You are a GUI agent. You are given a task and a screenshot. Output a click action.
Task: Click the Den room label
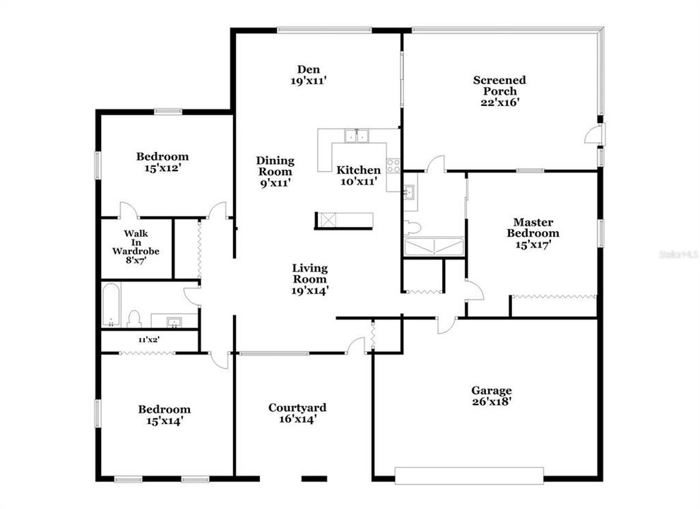tap(308, 69)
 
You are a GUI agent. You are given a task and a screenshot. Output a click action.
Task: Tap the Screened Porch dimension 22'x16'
tap(499, 102)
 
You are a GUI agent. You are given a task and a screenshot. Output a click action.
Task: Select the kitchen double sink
tap(357, 136)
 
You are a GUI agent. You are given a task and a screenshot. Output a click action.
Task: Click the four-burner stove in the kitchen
tap(393, 165)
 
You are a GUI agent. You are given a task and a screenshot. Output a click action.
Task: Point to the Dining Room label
tap(275, 166)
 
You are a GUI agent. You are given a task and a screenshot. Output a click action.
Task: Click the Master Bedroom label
tap(536, 228)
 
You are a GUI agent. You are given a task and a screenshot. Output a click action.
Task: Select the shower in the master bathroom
tap(433, 247)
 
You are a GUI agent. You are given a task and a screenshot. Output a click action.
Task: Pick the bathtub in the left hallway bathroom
tap(111, 305)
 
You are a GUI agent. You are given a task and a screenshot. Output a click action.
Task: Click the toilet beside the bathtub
tap(134, 319)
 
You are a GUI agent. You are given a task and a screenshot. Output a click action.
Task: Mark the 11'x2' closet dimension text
tap(148, 340)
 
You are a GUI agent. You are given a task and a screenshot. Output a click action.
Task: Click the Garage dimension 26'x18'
tap(492, 402)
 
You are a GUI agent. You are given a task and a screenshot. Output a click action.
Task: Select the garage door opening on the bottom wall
tap(468, 475)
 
